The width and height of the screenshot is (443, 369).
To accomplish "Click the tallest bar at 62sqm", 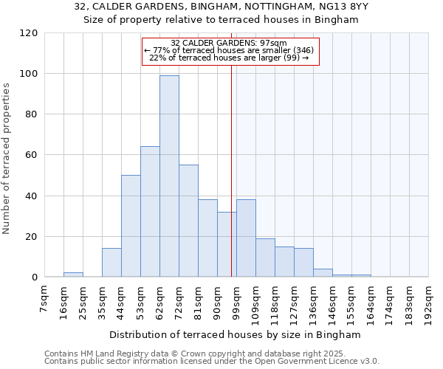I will coord(169,176).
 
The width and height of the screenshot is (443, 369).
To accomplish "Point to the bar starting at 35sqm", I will coord(111,263).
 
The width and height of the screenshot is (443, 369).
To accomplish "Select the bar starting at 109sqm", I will coord(265,258).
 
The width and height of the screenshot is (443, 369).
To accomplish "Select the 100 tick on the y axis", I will coord(29,74).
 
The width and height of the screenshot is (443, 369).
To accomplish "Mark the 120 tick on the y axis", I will coord(29,33).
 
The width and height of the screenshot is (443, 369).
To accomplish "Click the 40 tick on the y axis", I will coord(32,196).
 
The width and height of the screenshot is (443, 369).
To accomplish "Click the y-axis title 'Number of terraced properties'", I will coord(7,159).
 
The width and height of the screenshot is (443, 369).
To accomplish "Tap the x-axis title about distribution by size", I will coord(235,335).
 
